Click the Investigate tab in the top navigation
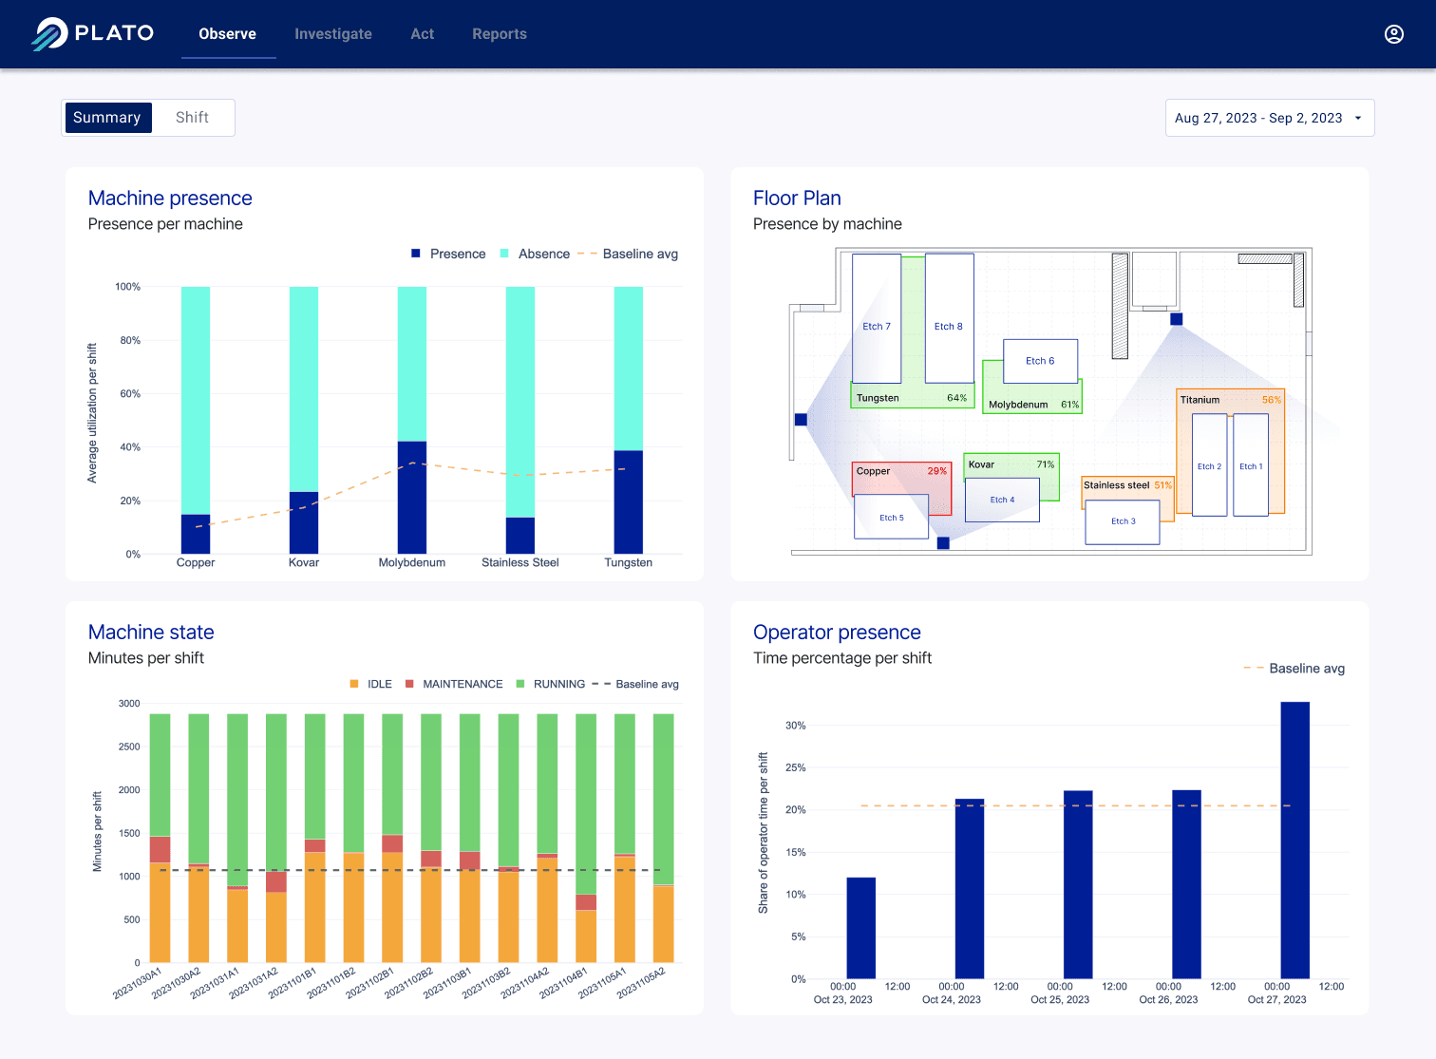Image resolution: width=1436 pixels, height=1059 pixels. coord(332,34)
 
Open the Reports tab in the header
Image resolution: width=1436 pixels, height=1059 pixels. coord(499,34)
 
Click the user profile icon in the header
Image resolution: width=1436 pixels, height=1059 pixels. coord(1393,34)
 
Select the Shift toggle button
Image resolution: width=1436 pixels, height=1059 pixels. coord(192,118)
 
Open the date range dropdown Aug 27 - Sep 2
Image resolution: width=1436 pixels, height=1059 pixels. coord(1269,119)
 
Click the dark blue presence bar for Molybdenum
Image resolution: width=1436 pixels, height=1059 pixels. coord(411,497)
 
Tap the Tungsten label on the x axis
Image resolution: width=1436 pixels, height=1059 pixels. coord(628,563)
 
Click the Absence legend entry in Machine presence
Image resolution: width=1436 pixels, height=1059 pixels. coord(543,255)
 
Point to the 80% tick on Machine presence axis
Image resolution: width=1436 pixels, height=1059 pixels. coord(127,340)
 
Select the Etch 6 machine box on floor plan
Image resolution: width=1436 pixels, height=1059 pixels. coord(1040,361)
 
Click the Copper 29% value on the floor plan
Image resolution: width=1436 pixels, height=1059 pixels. coord(936,471)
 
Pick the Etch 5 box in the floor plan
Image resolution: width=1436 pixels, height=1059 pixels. coord(891,518)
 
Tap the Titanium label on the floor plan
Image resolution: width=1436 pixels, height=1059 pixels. coord(1200,400)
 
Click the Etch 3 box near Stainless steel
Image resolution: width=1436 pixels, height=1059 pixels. coord(1123,521)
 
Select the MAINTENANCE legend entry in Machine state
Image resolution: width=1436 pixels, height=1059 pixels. coord(462,685)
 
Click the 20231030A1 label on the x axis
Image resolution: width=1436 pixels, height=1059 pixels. coord(139,983)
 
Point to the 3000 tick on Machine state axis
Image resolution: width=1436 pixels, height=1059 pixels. coord(129,704)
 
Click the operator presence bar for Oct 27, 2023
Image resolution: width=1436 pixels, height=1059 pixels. coord(1294,840)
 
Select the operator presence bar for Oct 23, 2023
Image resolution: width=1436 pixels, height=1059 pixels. coord(860,927)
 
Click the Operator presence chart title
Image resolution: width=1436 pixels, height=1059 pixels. coord(837,633)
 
